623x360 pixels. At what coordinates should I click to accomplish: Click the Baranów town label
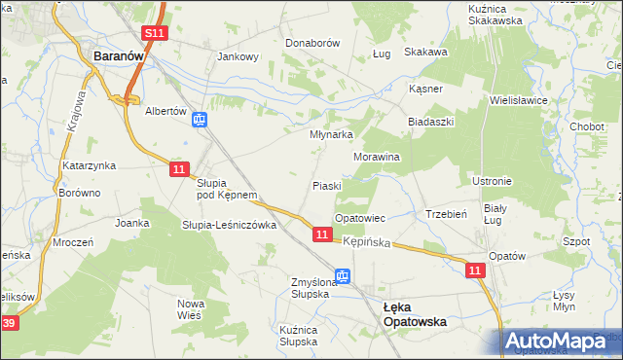(x=120, y=56)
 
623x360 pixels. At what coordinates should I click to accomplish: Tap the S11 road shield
(x=155, y=33)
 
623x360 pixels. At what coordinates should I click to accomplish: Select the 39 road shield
(x=8, y=322)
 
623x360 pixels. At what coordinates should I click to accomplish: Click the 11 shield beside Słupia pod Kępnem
(x=178, y=169)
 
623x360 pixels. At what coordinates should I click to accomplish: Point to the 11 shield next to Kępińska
(x=321, y=234)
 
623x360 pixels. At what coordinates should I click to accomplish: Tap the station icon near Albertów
(x=199, y=120)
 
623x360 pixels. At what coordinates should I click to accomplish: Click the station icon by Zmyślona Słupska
(x=342, y=277)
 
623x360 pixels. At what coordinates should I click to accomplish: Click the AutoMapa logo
(x=563, y=342)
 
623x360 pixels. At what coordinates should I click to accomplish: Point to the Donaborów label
(x=311, y=44)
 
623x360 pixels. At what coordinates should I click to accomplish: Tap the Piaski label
(x=326, y=185)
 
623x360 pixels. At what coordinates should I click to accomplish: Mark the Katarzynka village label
(x=90, y=165)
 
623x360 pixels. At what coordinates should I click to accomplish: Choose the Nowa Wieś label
(x=191, y=309)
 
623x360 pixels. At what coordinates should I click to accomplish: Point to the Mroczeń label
(x=73, y=242)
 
